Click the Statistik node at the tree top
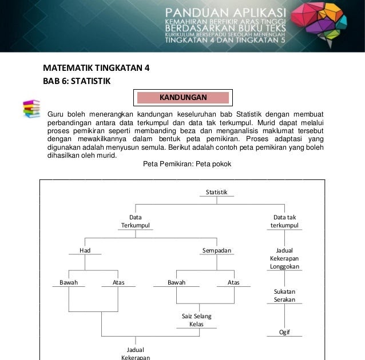click(216, 193)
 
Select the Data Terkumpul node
click(136, 221)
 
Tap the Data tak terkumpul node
click(284, 221)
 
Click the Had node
click(85, 250)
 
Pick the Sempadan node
click(216, 250)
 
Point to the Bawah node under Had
click(69, 282)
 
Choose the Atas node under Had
click(118, 282)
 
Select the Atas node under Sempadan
click(233, 282)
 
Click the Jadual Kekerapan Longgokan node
click(284, 258)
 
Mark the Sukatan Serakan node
click(284, 295)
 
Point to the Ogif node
click(284, 332)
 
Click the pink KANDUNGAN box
click(182, 97)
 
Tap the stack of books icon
click(31, 109)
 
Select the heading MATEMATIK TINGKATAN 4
click(96, 68)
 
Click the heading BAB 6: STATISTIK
click(76, 81)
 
